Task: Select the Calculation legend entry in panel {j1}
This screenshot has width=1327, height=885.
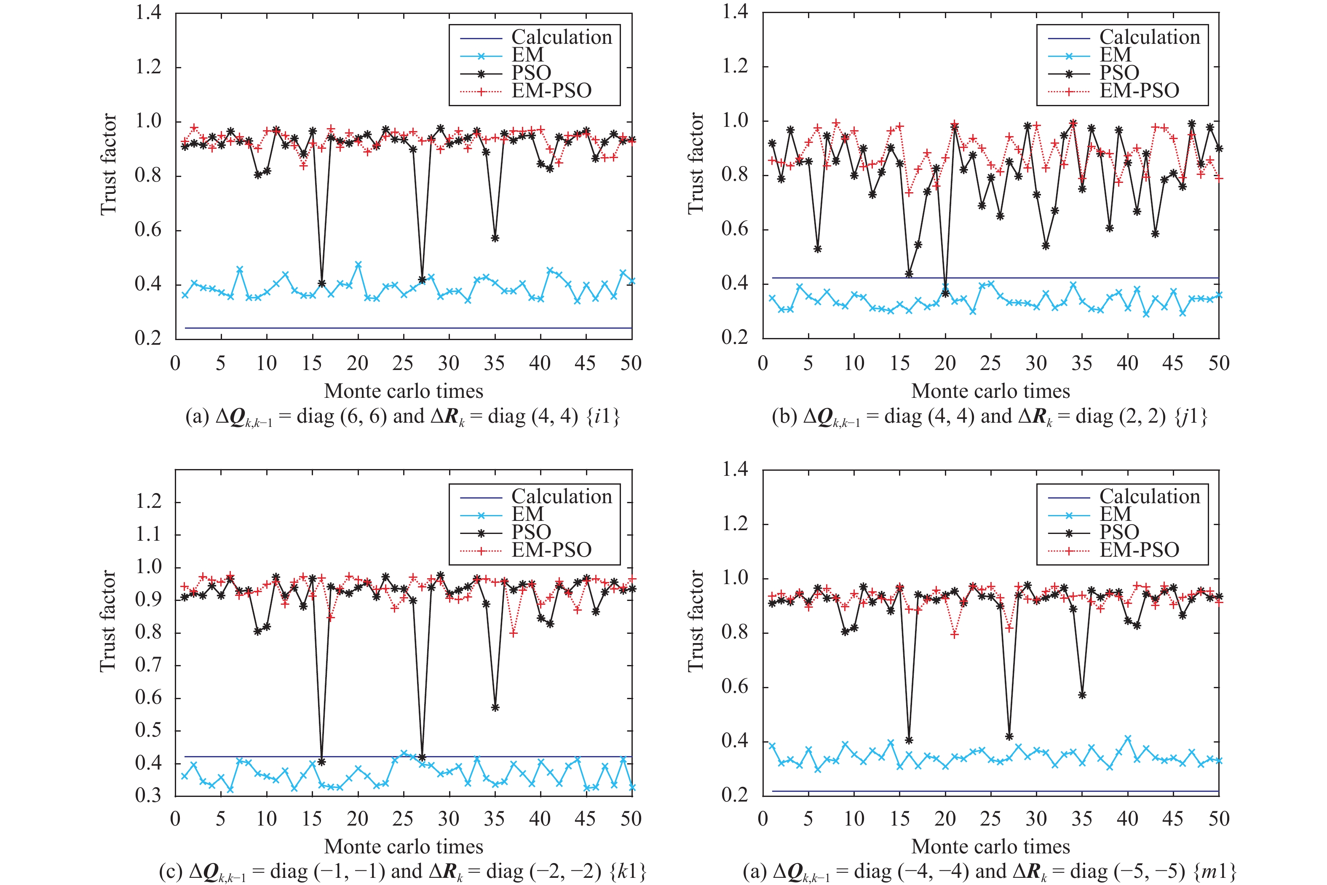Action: pyautogui.click(x=1149, y=37)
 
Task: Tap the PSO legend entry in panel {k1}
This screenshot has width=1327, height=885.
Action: pyautogui.click(x=531, y=532)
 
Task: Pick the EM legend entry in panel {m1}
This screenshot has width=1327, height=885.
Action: pyautogui.click(x=1116, y=514)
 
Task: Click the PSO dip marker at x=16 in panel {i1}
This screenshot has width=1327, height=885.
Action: pyautogui.click(x=321, y=283)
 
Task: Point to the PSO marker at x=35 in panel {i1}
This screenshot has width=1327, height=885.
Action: pyautogui.click(x=495, y=238)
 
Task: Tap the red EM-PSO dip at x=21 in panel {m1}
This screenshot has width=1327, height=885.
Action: pyautogui.click(x=955, y=634)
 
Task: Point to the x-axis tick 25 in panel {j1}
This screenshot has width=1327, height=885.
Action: pyautogui.click(x=991, y=363)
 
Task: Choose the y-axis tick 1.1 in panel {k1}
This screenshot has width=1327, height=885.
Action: pyautogui.click(x=148, y=534)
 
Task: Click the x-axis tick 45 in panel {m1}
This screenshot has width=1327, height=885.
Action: pyautogui.click(x=1173, y=818)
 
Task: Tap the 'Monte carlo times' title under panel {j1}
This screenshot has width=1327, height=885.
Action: pyautogui.click(x=991, y=391)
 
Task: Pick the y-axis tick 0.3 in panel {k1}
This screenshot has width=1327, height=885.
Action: pyautogui.click(x=148, y=796)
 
